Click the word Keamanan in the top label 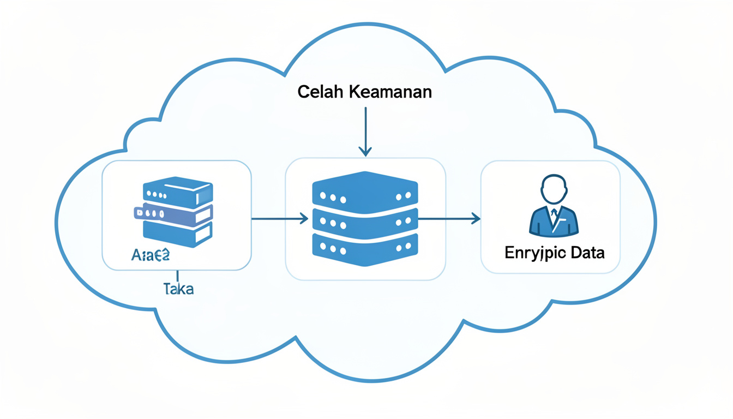(389, 92)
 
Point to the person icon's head (554, 189)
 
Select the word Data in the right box (587, 253)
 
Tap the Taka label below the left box (178, 289)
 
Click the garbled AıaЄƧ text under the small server (151, 255)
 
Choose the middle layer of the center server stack (365, 221)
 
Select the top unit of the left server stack (177, 191)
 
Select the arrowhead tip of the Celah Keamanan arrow (365, 154)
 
